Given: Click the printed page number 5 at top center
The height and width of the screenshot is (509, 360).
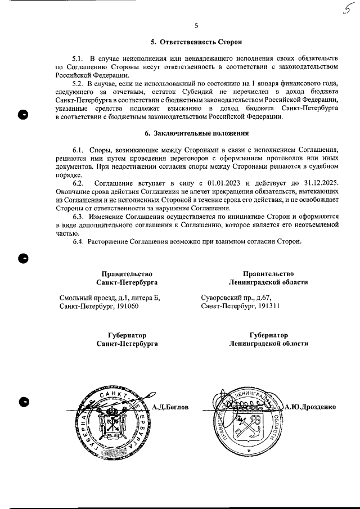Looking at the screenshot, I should pos(196,25).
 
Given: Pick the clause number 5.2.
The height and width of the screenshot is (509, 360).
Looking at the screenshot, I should pos(79,84).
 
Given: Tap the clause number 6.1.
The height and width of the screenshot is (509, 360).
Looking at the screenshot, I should pos(79,151).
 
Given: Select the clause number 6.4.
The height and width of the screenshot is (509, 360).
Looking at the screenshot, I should pos(79,242).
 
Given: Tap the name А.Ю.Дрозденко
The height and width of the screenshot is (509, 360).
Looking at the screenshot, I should pos(310,406).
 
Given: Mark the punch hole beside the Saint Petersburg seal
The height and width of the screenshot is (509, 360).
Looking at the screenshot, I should pos(23,403).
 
